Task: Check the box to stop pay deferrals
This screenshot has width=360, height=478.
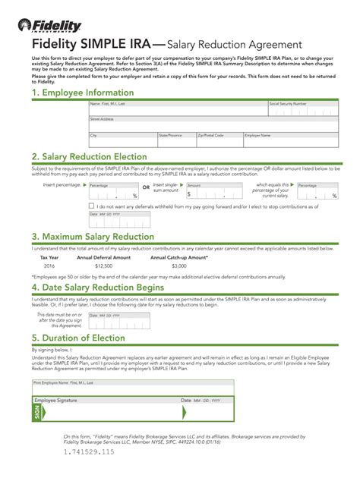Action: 92,206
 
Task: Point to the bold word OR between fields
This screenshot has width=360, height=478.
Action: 146,187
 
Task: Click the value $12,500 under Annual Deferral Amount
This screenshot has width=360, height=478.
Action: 103,266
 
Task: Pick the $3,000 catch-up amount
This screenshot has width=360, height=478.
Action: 178,266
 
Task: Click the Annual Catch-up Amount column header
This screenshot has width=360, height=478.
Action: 178,257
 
